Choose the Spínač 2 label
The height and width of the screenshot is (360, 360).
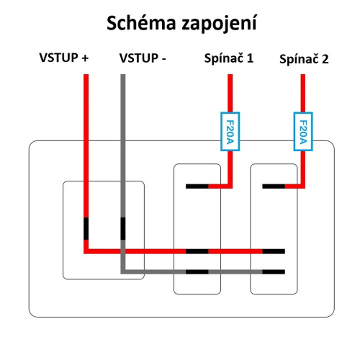pos(304,60)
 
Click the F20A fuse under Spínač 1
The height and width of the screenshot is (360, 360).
pos(229,131)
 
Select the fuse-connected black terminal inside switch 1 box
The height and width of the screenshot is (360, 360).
pos(197,186)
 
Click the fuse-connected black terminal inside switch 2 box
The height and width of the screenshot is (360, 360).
pos(273,186)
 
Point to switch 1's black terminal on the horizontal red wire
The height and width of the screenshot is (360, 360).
pos(197,252)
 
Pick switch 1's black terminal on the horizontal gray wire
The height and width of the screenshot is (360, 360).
pos(197,271)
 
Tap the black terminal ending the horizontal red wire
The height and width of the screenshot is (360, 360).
pos(273,252)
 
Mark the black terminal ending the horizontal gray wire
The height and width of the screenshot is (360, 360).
pos(273,271)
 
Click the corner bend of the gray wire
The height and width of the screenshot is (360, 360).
pos(123,271)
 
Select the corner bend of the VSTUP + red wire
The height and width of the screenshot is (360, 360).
pos(86,252)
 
